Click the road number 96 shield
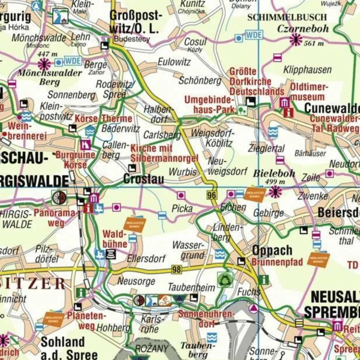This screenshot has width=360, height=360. [212, 195]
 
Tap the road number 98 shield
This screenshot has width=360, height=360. [176, 270]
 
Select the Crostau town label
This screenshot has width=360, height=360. [143, 179]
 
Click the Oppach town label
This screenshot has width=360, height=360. [272, 251]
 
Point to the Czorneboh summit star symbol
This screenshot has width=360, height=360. [296, 39]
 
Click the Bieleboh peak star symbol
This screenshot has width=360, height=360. [275, 191]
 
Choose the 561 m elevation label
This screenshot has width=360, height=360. [314, 43]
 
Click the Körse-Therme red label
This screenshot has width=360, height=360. [103, 119]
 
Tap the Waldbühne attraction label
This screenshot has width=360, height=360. [115, 238]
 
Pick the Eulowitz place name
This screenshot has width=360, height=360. [174, 62]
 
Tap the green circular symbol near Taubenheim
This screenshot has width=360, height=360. [225, 280]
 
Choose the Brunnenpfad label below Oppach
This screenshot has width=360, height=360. [277, 262]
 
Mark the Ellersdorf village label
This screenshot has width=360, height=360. [146, 259]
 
